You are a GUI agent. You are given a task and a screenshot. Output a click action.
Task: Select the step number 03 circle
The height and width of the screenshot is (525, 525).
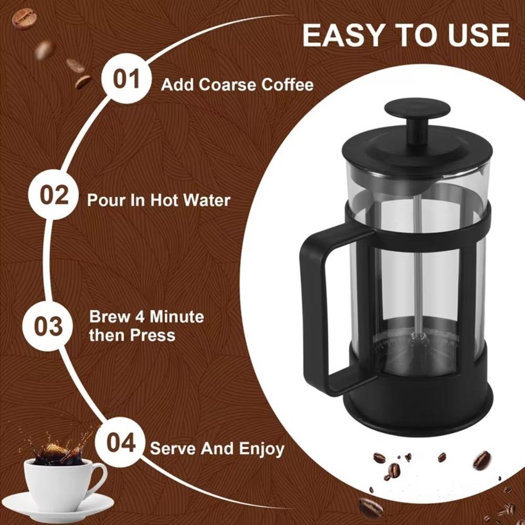click(48, 325)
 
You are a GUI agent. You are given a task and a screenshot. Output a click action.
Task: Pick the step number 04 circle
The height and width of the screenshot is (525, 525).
click(121, 443)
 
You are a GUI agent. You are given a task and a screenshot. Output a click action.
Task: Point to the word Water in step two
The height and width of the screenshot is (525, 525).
click(204, 201)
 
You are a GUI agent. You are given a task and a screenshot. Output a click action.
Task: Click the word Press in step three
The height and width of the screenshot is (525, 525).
click(152, 335)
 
